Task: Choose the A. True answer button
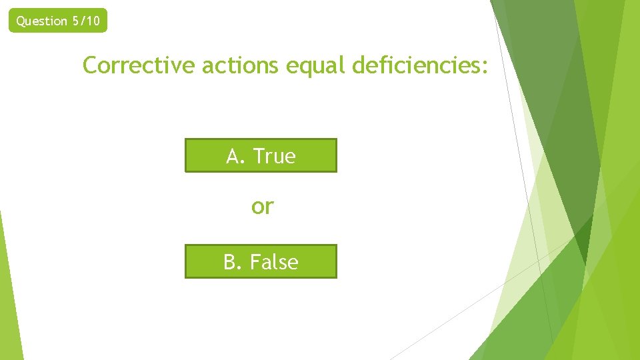(261, 155)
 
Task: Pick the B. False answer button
(261, 261)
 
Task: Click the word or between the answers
(262, 207)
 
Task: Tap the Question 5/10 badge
(58, 21)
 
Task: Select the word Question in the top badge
(41, 21)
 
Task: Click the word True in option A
(274, 156)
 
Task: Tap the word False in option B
(274, 262)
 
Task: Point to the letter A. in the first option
(236, 156)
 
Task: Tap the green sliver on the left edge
(9, 293)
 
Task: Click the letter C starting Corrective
(90, 65)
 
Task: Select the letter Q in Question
(20, 21)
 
